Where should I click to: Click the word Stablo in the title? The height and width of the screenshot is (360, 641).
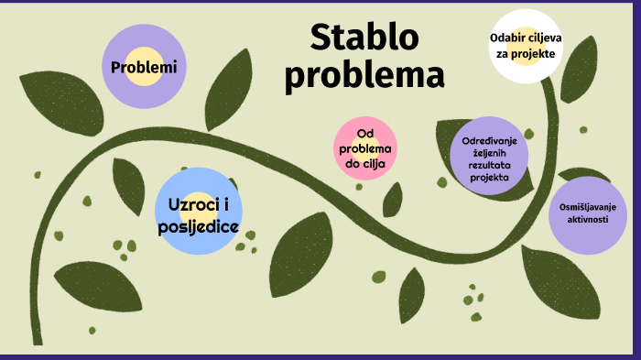click(x=364, y=38)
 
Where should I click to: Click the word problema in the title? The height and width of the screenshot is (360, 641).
click(x=364, y=75)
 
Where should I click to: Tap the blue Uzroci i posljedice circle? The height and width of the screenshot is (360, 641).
click(x=199, y=211)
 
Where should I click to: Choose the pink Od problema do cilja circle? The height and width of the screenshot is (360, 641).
click(x=365, y=148)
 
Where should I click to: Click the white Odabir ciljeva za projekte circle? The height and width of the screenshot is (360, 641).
click(x=526, y=46)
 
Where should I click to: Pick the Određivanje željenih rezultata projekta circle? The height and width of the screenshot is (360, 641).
click(x=489, y=156)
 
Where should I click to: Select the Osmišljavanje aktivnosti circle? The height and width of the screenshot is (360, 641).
click(x=588, y=214)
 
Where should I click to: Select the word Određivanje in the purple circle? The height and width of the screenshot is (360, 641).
click(x=490, y=139)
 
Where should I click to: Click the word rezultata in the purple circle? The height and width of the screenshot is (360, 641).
click(x=490, y=165)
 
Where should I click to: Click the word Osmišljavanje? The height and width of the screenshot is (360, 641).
click(x=588, y=208)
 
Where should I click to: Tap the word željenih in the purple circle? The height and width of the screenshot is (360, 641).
click(x=490, y=152)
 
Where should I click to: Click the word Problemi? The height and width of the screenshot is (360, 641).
click(x=143, y=67)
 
